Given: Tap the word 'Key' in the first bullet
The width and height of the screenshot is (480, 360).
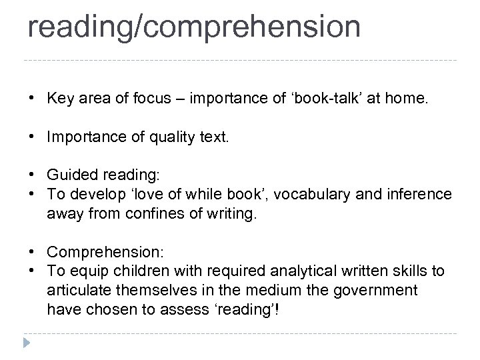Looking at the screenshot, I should click(x=59, y=99).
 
